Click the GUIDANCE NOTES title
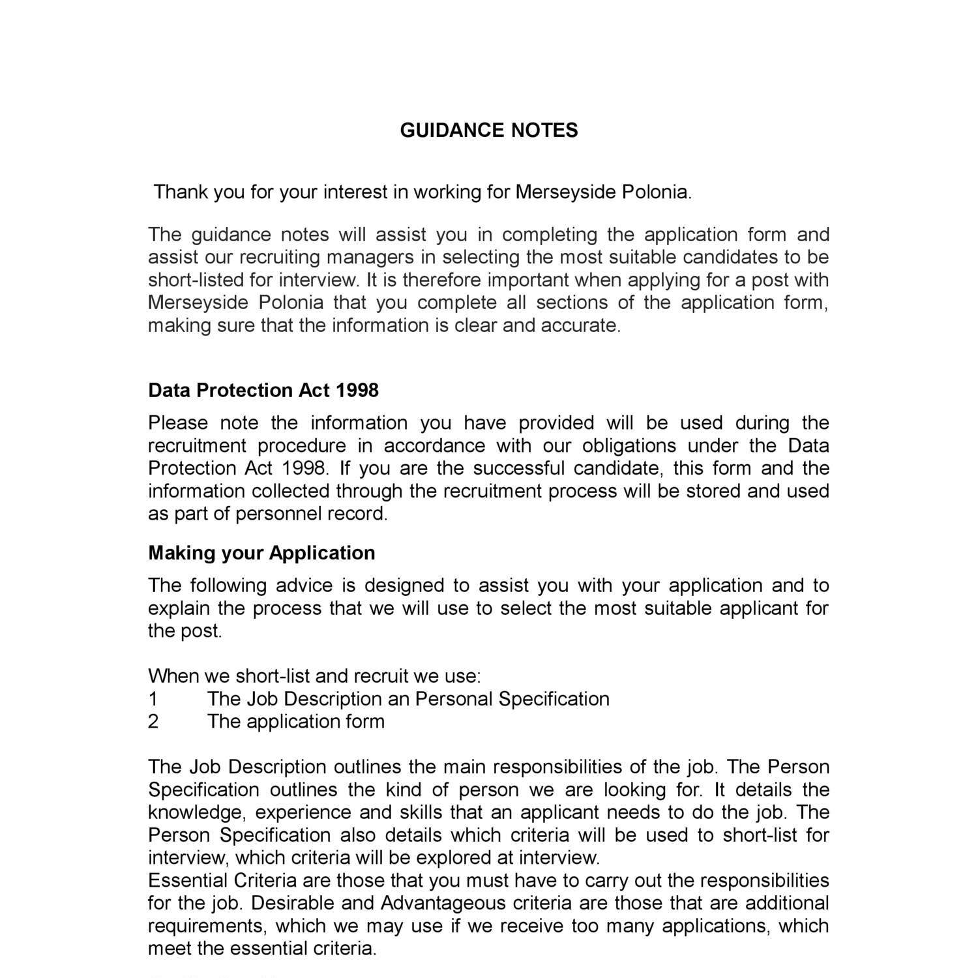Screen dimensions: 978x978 pos(488,130)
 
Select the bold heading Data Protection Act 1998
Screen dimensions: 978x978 pos(263,390)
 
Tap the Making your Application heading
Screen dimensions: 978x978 pos(261,553)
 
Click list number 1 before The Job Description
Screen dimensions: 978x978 pos(153,699)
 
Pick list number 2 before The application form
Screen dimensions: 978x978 pos(153,722)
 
